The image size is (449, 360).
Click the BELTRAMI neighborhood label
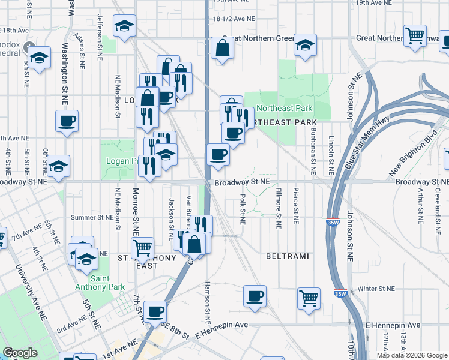[288, 256]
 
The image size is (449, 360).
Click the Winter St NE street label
[376, 289]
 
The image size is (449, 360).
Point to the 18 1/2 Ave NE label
[234, 19]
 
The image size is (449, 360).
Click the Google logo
[20, 353]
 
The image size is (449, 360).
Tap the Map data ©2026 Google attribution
[412, 355]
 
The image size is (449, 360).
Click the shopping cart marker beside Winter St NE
[309, 296]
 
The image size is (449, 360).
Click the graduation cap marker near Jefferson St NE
[125, 26]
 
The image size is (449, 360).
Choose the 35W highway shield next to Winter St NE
[340, 294]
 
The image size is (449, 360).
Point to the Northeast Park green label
[285, 109]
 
